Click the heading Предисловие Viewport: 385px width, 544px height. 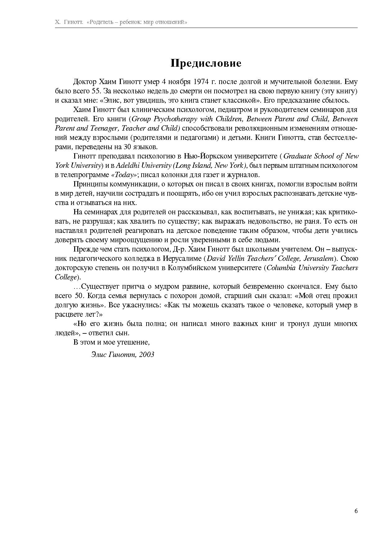206,63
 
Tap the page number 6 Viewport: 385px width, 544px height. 356,511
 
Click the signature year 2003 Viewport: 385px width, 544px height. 147,354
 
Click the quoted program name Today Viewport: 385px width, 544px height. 124,175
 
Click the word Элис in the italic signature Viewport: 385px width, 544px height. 99,354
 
